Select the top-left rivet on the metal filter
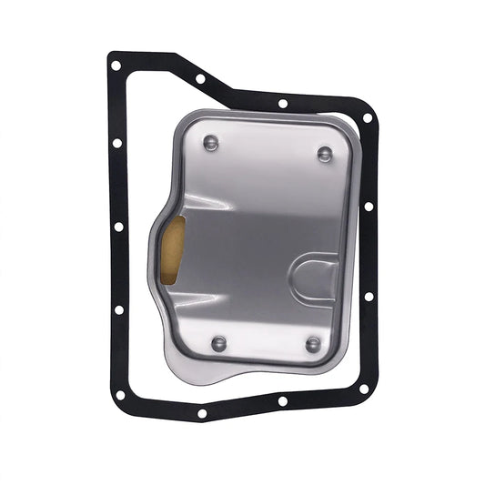click(211, 142)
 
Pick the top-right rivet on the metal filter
click(325, 153)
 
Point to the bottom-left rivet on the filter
click(218, 342)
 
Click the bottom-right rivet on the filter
click(313, 344)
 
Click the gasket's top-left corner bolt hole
click(116, 65)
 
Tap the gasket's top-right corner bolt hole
click(368, 117)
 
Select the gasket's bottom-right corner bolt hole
click(363, 389)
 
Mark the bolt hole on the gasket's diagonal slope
click(200, 78)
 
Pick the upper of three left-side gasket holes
click(117, 143)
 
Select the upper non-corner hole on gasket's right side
click(369, 207)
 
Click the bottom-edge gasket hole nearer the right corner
click(283, 400)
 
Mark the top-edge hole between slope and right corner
click(283, 104)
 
